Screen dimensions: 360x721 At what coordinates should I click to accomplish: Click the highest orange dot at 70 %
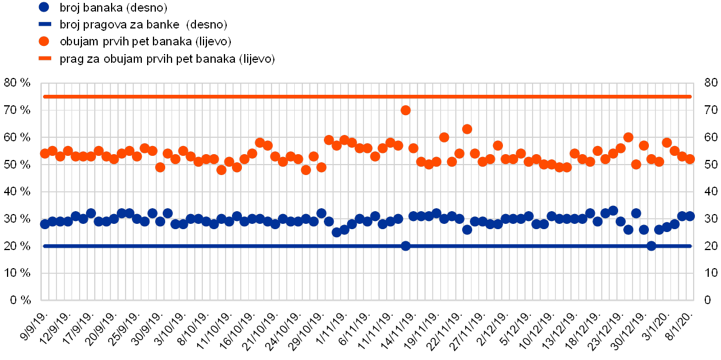[406, 110]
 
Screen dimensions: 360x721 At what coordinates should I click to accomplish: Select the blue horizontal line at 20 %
[233, 246]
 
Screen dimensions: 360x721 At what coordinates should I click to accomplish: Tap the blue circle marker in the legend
[45, 8]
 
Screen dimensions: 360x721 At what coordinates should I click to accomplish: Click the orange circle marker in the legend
[45, 42]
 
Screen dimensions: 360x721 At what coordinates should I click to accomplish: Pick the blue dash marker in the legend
[45, 25]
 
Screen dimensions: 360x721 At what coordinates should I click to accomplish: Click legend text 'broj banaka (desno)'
[113, 8]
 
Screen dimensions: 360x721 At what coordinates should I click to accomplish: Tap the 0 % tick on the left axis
[20, 300]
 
